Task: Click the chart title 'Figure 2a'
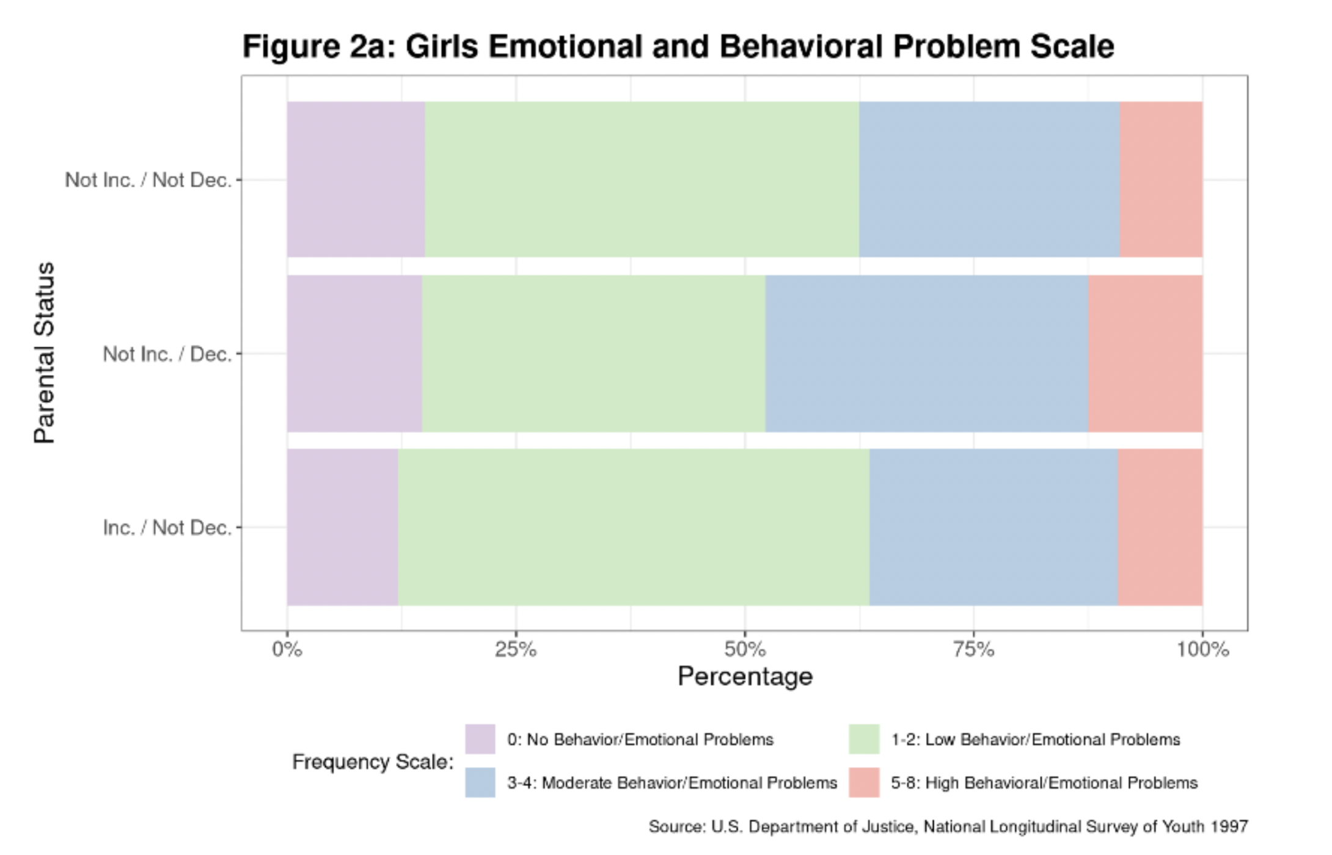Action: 678,46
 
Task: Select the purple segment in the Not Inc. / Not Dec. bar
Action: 356,180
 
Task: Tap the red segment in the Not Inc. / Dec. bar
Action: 1145,354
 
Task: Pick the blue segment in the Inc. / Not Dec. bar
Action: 994,527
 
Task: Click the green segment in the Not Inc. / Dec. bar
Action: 593,354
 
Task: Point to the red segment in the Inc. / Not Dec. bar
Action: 1160,527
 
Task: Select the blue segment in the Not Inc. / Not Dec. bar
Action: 989,180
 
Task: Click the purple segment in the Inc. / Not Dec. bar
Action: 342,527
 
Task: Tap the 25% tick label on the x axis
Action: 516,650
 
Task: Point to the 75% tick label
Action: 973,650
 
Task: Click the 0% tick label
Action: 287,650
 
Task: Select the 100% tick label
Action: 1202,650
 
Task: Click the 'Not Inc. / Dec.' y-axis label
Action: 167,354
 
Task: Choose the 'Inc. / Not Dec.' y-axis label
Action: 167,528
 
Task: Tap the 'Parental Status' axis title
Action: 45,353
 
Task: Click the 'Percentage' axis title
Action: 745,677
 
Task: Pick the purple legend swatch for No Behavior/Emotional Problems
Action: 480,739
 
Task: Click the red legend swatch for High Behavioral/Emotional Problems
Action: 864,782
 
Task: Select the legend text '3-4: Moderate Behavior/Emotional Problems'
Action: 671,783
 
